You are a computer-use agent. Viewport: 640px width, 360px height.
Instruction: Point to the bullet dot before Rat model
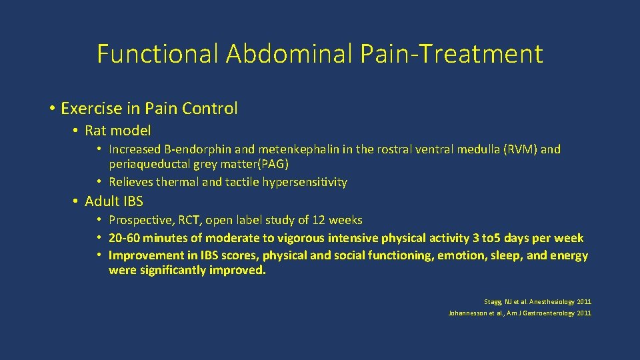click(76, 131)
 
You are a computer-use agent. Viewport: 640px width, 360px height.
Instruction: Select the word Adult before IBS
click(101, 201)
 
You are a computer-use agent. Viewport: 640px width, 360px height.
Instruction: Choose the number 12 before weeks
click(320, 220)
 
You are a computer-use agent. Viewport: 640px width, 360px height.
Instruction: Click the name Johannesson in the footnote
click(467, 313)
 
